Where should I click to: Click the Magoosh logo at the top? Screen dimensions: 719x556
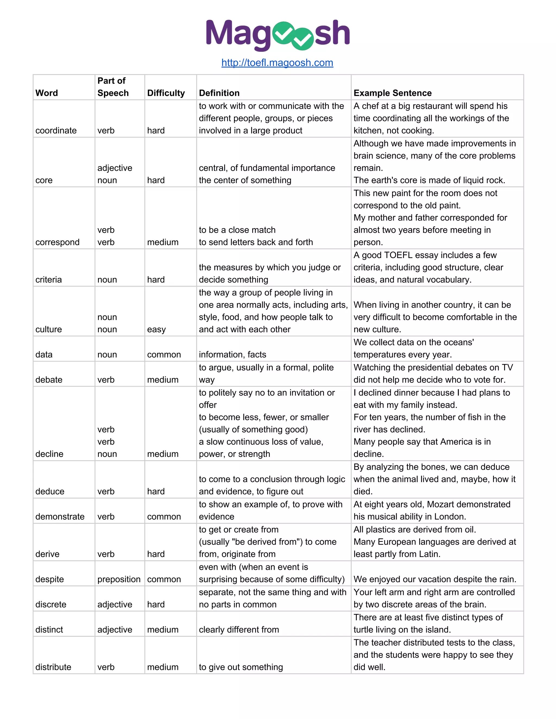277,34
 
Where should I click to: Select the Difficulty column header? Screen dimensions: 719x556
166,93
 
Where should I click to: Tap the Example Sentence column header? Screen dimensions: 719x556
392,93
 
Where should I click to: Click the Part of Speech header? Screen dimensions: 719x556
113,87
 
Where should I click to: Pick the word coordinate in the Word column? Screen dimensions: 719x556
56,131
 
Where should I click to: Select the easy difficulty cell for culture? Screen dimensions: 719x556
156,330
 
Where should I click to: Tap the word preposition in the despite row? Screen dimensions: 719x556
119,580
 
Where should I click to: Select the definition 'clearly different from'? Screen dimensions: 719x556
239,630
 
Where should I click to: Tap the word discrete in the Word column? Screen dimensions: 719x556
51,605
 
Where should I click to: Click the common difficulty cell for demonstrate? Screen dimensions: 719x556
164,517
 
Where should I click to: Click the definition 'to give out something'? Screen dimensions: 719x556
241,667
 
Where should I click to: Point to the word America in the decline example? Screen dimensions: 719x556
456,442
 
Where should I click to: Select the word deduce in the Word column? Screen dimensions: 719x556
50,492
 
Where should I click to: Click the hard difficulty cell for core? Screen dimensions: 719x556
156,180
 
